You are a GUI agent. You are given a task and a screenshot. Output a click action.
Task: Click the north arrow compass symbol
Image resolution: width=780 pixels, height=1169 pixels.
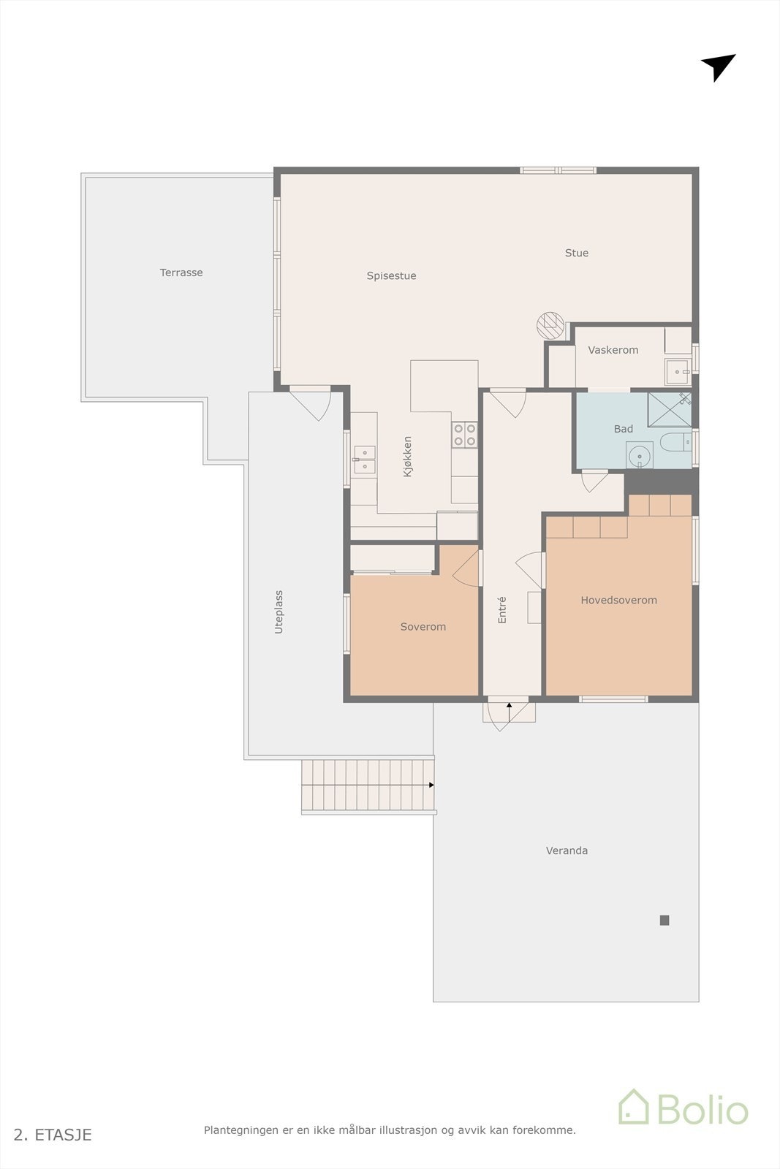point(719,66)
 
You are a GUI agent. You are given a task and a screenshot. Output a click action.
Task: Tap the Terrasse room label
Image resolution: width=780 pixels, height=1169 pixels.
point(181,273)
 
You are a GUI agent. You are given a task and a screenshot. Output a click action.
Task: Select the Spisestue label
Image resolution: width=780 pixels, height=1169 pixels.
point(391,275)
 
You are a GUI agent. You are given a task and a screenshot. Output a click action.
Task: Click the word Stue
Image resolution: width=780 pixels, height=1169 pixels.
point(576,253)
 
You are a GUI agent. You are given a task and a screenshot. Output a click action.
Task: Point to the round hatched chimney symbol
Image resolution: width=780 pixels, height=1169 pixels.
point(550,326)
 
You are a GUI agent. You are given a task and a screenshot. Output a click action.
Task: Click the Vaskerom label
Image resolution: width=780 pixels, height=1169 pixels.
point(613,350)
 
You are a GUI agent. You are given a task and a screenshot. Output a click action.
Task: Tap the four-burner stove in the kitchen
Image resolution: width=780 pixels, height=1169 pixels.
point(465,435)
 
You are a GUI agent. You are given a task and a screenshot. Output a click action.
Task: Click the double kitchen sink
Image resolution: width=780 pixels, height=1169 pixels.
point(365,460)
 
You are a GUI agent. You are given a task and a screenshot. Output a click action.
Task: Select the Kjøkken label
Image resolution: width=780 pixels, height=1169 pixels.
point(407,457)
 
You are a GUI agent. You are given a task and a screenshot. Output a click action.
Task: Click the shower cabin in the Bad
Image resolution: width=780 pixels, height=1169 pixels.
point(670,410)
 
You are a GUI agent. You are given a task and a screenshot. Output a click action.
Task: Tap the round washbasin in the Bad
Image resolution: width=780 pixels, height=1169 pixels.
point(640,456)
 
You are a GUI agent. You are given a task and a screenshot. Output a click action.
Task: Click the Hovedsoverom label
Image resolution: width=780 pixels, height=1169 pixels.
point(618,600)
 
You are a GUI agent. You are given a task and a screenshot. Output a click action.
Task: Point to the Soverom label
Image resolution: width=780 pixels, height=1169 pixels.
point(423,627)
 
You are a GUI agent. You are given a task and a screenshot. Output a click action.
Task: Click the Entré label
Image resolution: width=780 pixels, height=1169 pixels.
point(501,609)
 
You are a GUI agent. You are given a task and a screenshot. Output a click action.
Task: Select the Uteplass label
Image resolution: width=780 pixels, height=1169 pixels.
point(279,612)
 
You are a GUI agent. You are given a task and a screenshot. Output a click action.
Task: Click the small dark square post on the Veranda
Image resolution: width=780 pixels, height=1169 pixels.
point(664,920)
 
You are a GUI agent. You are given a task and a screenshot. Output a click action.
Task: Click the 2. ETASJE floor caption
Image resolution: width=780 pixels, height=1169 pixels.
point(52,1135)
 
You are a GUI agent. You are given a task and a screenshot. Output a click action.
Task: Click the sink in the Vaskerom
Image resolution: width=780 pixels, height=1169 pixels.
point(678,372)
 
